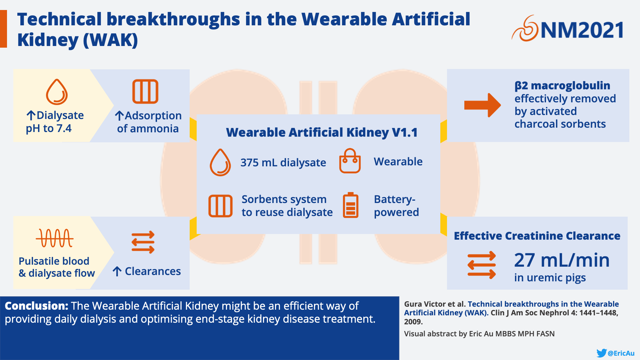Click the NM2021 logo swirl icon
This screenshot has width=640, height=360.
525,29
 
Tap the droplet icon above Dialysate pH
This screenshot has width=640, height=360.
57,92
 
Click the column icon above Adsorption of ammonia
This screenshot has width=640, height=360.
145,91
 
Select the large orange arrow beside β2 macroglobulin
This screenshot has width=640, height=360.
482,105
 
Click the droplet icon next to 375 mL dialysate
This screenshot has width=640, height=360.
220,162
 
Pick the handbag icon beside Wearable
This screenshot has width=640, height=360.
350,161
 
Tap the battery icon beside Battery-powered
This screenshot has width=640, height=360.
351,205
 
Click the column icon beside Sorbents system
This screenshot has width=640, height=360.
220,206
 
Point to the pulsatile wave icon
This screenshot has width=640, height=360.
55,238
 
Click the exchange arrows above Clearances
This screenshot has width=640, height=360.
143,242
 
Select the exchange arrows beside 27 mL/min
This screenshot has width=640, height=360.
482,265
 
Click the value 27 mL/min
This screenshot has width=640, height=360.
562,260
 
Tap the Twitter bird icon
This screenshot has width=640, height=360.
601,353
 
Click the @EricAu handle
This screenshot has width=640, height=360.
621,353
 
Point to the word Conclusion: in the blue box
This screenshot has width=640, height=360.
36,306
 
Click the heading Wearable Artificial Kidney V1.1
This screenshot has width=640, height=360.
322,132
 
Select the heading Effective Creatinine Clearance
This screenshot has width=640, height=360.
537,236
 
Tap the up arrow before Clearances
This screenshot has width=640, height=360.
117,271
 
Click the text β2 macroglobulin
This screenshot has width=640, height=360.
562,86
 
